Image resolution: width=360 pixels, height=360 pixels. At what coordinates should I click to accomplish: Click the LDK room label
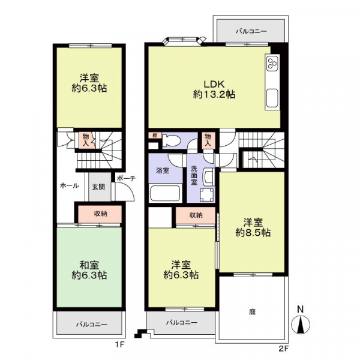[214, 89]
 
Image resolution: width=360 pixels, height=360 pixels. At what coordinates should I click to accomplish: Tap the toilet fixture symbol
[171, 140]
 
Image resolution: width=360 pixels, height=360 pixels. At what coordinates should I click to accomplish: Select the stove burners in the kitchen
[272, 63]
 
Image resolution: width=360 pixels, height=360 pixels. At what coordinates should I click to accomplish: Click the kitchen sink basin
[272, 98]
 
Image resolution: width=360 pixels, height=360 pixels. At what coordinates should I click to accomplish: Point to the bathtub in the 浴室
[165, 193]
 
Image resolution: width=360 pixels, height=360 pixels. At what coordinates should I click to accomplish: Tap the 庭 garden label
[252, 312]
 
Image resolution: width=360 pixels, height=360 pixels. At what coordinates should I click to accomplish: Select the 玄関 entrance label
[98, 187]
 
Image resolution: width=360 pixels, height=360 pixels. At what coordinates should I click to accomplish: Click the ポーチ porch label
[126, 178]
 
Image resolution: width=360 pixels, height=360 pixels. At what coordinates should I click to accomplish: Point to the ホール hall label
[70, 185]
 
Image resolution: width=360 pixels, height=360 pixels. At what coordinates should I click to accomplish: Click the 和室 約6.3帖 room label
[89, 270]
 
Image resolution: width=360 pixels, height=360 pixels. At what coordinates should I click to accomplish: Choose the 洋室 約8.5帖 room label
[253, 227]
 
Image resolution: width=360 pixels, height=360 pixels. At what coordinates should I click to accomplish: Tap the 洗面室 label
[194, 176]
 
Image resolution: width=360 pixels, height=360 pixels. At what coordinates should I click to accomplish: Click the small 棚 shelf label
[155, 136]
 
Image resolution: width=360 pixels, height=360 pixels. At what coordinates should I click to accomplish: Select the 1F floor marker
[119, 344]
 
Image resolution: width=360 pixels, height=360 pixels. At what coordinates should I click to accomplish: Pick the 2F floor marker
[283, 349]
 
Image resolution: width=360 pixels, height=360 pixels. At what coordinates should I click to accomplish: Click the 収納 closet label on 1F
[101, 214]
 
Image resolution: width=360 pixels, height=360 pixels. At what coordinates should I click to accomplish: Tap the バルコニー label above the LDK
[251, 31]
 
